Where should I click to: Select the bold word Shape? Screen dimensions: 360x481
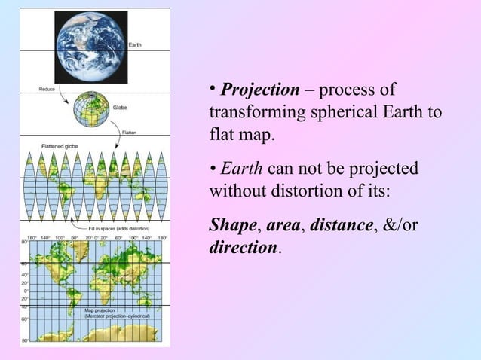[232, 225]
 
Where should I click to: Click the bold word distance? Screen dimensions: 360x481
[341, 225]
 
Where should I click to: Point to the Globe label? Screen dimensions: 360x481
[120, 108]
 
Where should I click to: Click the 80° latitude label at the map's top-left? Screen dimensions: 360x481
[25, 243]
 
